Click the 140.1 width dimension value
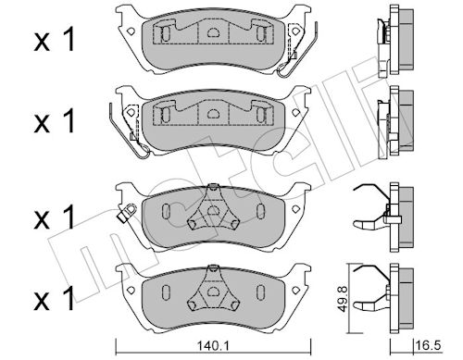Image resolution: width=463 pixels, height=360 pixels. [x=213, y=346]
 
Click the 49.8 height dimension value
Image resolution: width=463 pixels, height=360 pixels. [x=343, y=298]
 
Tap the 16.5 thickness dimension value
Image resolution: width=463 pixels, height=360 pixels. [x=428, y=345]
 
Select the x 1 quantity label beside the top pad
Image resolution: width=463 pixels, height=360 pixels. [x=55, y=39]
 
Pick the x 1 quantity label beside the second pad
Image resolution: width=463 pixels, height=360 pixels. [x=55, y=121]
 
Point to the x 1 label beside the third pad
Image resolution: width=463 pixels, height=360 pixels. [x=55, y=217]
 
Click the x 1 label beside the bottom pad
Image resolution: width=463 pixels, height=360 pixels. [x=55, y=298]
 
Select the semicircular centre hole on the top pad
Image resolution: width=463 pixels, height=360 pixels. [x=212, y=32]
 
